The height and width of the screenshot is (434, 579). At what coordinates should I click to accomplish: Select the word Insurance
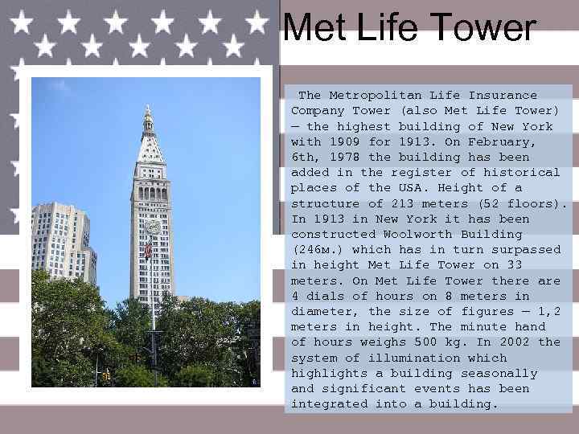[x=503, y=95]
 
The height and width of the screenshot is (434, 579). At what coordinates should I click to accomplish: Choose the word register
[x=418, y=172]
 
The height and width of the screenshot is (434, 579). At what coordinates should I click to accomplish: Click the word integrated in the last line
[x=329, y=404]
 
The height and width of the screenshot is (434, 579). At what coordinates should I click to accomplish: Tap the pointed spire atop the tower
[x=147, y=119]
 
